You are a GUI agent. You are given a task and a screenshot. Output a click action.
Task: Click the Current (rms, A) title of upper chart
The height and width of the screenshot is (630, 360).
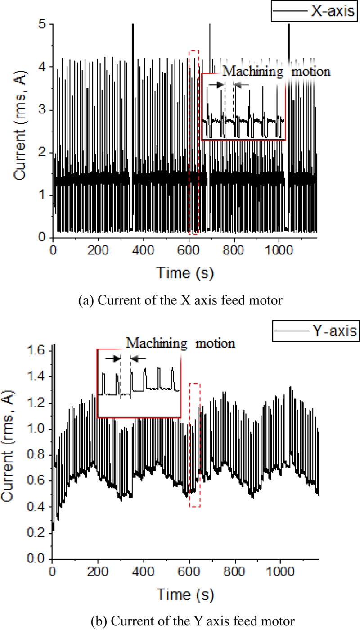tap(20, 130)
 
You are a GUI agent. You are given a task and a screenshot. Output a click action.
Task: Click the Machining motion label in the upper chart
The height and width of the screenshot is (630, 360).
tap(276, 71)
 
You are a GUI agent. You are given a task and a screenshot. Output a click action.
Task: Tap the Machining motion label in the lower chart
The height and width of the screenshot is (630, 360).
tap(180, 343)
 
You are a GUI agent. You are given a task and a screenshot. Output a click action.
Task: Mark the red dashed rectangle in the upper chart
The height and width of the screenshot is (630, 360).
tap(194, 142)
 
